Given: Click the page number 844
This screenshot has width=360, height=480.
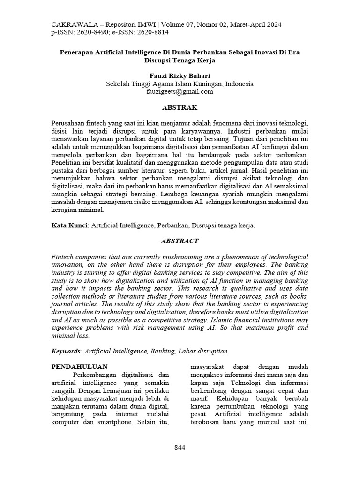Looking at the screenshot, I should (180, 447).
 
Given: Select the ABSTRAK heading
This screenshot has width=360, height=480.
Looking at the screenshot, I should (180, 107).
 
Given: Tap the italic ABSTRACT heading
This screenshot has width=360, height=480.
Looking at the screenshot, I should (180, 241).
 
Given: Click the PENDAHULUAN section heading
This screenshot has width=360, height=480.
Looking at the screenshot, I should (79, 366).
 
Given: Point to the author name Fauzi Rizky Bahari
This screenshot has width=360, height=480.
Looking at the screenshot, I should (180, 75).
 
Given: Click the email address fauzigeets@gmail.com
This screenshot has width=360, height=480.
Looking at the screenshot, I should (180, 92).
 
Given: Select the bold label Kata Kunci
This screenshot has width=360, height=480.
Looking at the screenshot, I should (69, 225).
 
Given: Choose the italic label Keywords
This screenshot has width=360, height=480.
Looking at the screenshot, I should (66, 350).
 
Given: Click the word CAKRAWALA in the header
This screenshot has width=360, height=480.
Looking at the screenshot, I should (71, 24).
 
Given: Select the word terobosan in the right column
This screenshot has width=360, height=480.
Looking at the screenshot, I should (207, 422).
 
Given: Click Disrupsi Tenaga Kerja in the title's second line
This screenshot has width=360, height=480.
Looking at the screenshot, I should (180, 60).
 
